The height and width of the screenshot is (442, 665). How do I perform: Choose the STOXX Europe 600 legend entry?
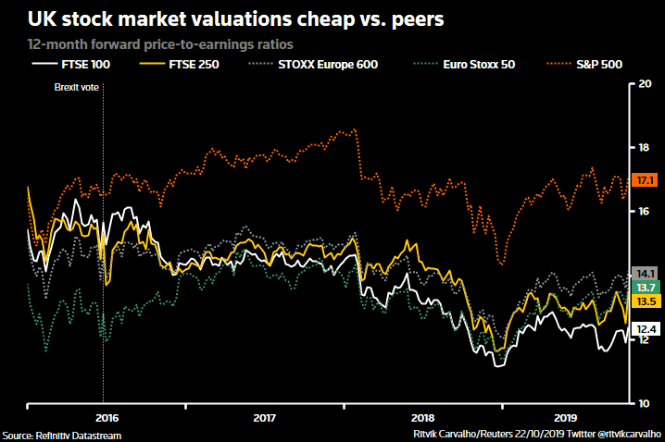(324, 65)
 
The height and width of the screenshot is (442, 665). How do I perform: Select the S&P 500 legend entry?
(595, 65)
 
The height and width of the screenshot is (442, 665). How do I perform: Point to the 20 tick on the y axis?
(646, 84)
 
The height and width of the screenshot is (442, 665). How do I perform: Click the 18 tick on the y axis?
(646, 148)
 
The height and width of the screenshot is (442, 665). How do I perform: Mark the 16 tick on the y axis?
(646, 212)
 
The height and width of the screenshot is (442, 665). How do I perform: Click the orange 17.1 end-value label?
(646, 180)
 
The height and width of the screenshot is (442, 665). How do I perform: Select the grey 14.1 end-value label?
(646, 273)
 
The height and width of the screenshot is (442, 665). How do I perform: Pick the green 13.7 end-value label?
(646, 288)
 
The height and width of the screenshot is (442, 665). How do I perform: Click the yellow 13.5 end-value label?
(646, 302)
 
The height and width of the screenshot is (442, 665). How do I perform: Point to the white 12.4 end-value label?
(646, 328)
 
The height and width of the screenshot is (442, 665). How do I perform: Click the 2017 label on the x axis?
(265, 417)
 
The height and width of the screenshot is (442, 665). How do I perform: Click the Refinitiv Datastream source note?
(61, 435)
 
